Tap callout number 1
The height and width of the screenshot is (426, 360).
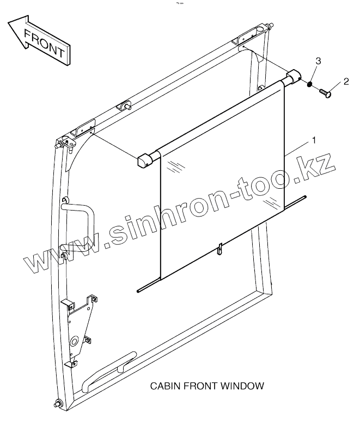[x=314, y=140]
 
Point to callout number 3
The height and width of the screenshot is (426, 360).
[x=319, y=60]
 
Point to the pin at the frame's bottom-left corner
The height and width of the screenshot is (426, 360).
[x=57, y=404]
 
